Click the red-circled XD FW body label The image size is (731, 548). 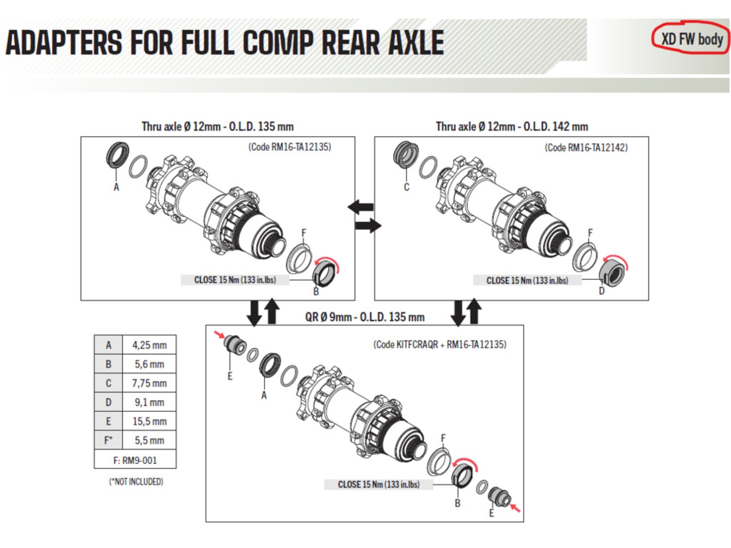(691, 40)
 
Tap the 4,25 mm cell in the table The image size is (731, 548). (149, 345)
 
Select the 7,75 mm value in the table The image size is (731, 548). (149, 383)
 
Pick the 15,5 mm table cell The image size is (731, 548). (149, 421)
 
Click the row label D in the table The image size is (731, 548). (108, 402)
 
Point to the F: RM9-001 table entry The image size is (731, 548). (135, 460)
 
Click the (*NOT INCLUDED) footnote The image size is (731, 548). (136, 481)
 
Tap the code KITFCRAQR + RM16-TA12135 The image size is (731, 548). (440, 344)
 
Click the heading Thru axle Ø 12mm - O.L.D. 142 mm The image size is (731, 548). (512, 126)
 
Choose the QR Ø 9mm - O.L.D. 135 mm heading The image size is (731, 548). (365, 317)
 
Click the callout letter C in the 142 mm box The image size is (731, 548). (406, 187)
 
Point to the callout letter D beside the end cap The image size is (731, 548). (601, 291)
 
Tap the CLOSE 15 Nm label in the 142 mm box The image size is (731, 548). (527, 280)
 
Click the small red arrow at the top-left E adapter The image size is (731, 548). (220, 334)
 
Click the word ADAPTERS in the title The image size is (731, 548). (64, 42)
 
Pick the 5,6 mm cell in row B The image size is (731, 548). (149, 364)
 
